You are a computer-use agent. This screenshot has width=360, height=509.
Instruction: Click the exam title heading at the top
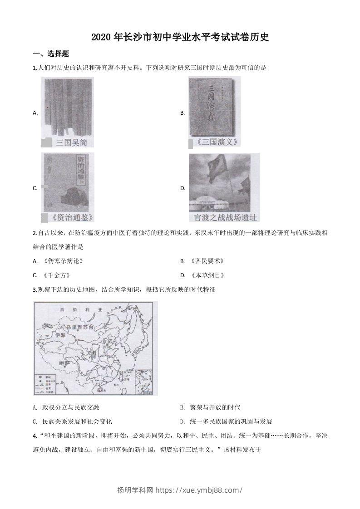tap(180, 38)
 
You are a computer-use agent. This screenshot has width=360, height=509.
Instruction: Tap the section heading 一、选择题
tap(51, 54)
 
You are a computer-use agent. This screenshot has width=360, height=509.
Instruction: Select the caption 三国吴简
tap(71, 142)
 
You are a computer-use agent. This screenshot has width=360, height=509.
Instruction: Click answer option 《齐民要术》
tap(207, 261)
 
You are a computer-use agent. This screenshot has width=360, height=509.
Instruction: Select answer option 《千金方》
tap(57, 275)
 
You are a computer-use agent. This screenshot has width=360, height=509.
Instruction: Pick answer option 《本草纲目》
tap(207, 275)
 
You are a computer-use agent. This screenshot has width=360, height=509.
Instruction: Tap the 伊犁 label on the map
tap(60, 336)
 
